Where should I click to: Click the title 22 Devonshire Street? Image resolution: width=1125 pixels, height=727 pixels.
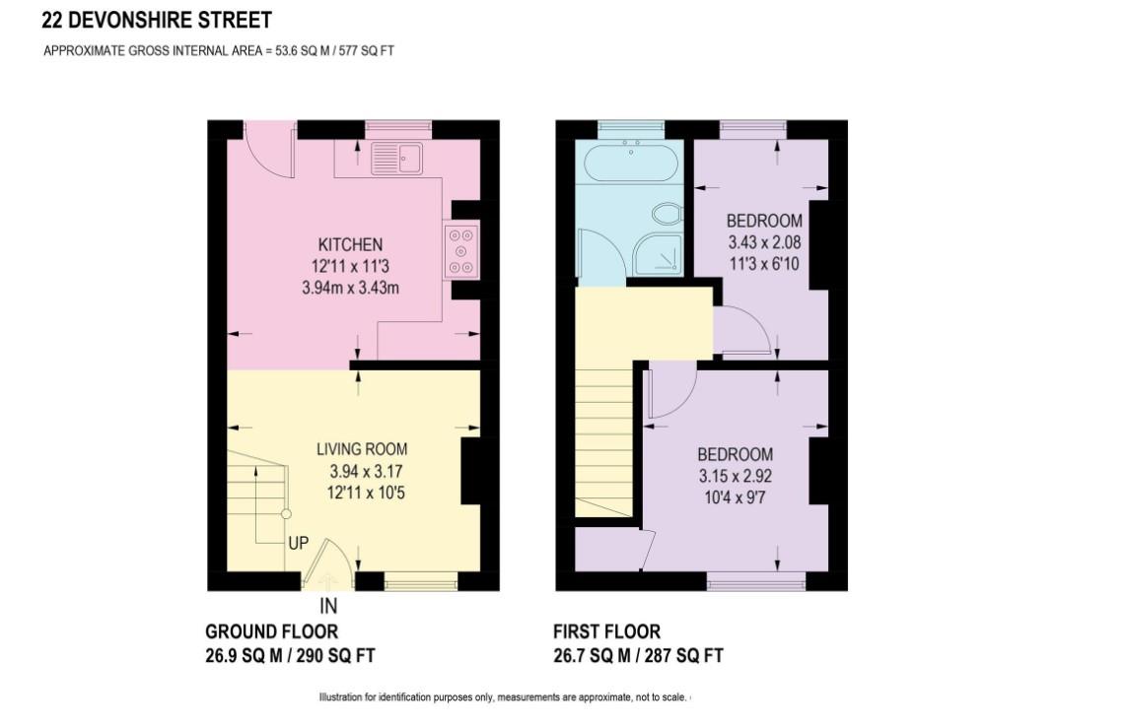[157, 20]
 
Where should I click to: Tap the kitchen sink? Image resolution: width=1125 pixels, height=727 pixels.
[396, 159]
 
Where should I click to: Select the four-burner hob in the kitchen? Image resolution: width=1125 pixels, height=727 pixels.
[461, 249]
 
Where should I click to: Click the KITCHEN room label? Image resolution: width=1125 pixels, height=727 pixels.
[349, 244]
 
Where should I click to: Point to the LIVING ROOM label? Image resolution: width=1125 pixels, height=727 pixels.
[361, 449]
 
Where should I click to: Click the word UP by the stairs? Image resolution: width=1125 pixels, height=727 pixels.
[299, 543]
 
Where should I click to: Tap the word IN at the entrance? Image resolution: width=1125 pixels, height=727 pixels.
[329, 608]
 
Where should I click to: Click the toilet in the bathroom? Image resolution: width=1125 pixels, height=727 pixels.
[667, 214]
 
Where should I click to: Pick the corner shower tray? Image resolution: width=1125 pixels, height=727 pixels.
[658, 253]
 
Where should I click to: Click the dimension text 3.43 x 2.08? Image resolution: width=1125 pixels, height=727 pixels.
[764, 241]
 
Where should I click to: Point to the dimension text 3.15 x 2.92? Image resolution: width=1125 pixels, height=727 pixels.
[735, 476]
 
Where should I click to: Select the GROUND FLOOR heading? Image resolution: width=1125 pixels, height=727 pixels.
[271, 631]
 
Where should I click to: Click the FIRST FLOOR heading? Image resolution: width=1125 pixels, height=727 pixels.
[606, 631]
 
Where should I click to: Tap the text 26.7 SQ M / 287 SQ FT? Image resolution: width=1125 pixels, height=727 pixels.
[638, 656]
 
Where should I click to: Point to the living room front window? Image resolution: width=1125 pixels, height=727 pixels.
[420, 583]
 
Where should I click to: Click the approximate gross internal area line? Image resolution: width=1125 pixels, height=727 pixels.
[218, 51]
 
